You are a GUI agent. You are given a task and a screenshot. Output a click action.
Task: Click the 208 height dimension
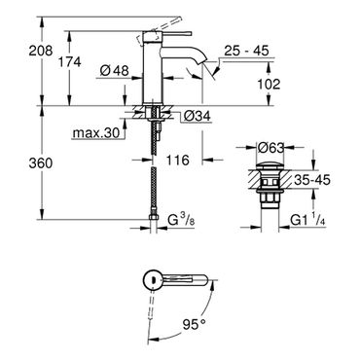pos(41,51)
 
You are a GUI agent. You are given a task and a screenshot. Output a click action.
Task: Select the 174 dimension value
pos(69,61)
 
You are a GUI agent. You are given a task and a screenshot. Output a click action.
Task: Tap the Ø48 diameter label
pos(115,70)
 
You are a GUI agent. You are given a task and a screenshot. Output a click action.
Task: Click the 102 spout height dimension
pos(269,85)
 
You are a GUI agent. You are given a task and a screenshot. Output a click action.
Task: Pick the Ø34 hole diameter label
pos(197,116)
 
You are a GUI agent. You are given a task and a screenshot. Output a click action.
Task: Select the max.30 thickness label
pos(96,132)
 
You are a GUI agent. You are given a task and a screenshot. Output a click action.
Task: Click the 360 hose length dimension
pos(41,163)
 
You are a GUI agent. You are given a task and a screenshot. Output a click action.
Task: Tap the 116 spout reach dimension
pos(178,160)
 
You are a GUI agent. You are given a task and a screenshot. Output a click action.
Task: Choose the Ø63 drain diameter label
pos(270,148)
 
